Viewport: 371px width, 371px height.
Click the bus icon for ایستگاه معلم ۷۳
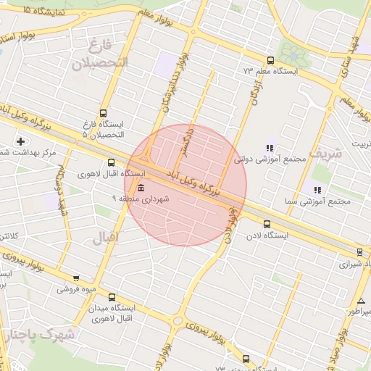pos(270,61)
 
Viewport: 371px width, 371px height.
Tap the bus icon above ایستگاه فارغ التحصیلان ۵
pos(103,113)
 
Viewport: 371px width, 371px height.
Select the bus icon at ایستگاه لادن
pos(267,225)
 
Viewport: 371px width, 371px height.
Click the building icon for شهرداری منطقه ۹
pos(139,188)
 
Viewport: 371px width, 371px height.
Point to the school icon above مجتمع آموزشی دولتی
pos(269,148)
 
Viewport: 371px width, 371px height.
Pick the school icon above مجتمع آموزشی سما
pos(317,190)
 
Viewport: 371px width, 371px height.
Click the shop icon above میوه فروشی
pos(76,278)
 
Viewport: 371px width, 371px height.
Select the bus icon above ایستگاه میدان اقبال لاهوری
pos(111,296)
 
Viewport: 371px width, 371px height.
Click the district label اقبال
pos(106,237)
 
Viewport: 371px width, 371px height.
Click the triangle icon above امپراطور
pos(361,301)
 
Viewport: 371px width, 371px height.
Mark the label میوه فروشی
pos(76,288)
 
